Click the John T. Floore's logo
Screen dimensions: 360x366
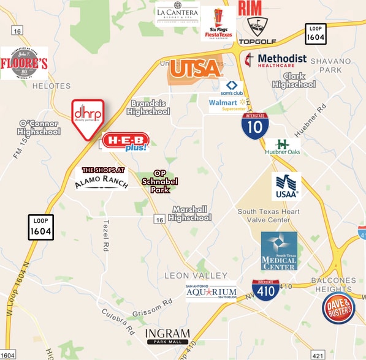[25, 63]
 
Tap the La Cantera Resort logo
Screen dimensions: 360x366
[177, 13]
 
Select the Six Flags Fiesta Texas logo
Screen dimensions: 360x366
[218, 23]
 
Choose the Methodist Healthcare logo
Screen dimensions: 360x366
[275, 60]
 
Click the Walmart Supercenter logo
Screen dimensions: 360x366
[227, 105]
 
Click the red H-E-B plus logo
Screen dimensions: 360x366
[125, 141]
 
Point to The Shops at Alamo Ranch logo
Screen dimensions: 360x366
[102, 178]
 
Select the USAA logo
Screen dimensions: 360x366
[286, 186]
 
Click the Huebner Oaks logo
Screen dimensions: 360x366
[283, 146]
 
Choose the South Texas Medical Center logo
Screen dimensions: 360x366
[279, 250]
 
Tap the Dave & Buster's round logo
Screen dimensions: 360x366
[338, 308]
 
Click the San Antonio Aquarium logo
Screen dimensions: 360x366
[211, 292]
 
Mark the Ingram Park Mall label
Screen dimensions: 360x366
[167, 336]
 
